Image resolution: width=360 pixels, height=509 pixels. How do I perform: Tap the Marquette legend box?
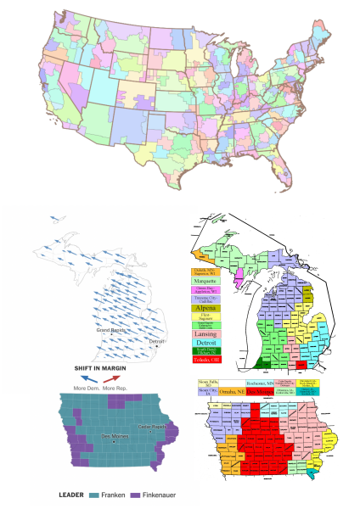pyautogui.click(x=206, y=280)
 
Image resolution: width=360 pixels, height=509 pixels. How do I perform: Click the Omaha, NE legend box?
pyautogui.click(x=231, y=391)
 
